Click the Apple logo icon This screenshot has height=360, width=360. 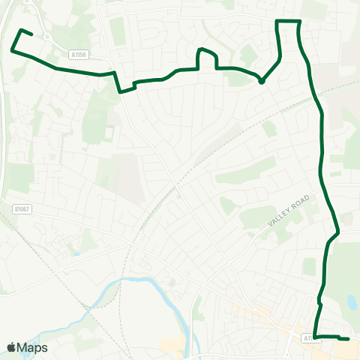(x=11, y=347)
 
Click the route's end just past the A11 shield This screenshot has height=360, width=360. (x=348, y=339)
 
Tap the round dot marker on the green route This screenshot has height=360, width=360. (x=261, y=82)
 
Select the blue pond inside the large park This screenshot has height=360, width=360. (x=352, y=302)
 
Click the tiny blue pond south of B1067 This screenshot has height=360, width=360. (x=76, y=254)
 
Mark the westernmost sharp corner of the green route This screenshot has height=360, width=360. (x=13, y=50)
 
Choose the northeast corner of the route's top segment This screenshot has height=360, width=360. (x=299, y=22)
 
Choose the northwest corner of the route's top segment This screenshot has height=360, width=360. (x=279, y=22)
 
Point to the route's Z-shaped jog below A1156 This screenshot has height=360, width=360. (x=124, y=85)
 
